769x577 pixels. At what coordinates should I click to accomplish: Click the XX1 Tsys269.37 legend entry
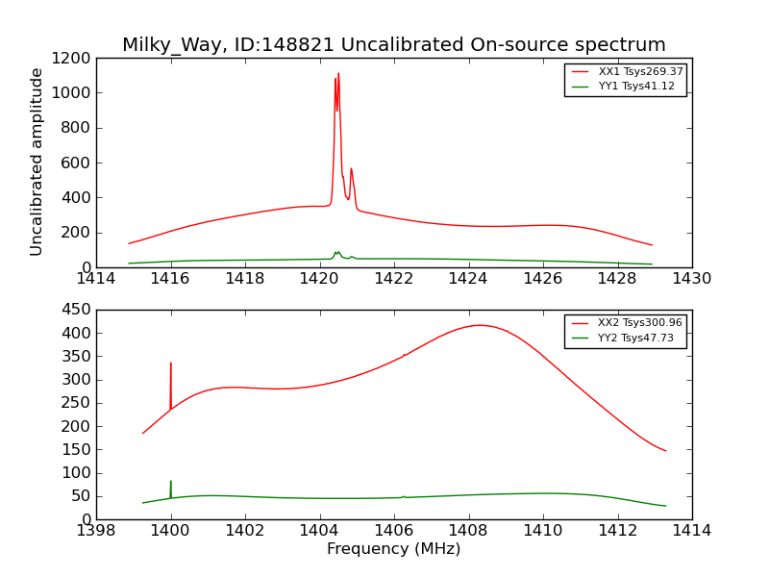[x=640, y=72]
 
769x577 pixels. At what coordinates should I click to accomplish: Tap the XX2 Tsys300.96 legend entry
[x=640, y=323]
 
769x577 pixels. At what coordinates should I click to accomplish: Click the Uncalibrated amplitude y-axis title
[x=37, y=162]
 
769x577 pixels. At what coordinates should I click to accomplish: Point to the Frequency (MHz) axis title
[x=393, y=549]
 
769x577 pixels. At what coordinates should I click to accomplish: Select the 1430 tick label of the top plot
[x=691, y=279]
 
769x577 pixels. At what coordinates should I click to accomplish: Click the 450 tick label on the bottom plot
[x=77, y=310]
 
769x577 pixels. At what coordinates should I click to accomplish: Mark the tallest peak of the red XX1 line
[x=338, y=74]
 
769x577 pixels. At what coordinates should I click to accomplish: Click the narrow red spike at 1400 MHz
[x=171, y=364]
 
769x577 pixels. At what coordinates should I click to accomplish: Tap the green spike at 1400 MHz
[x=171, y=482]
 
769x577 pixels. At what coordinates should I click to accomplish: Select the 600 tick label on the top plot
[x=77, y=163]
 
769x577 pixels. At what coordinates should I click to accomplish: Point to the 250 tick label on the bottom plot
[x=77, y=403]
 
